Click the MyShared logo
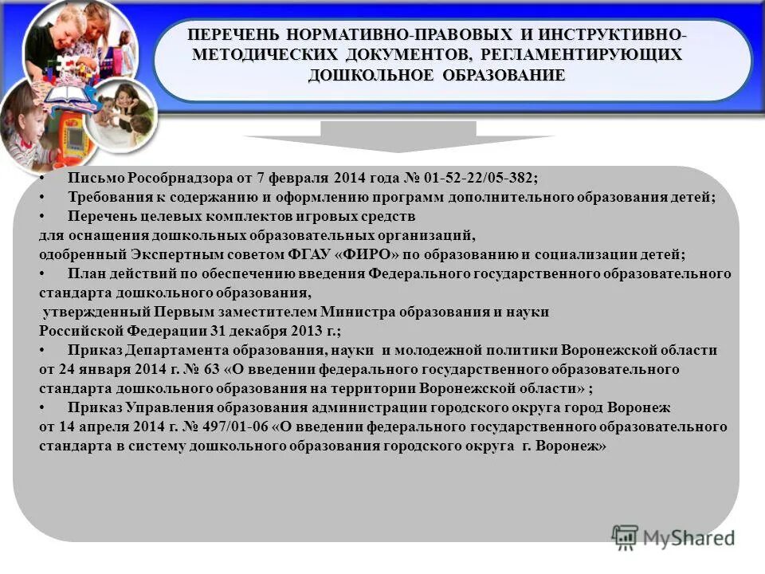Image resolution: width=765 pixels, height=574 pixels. pyautogui.click(x=673, y=537)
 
